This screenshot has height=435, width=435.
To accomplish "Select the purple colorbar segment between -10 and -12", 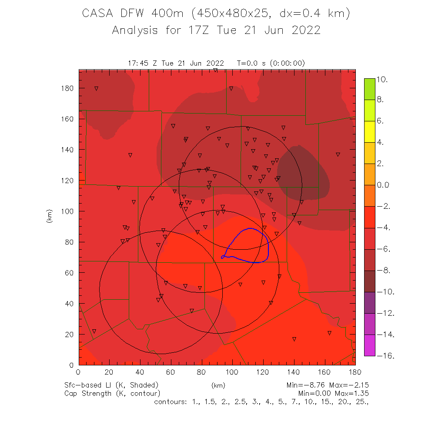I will [370, 303].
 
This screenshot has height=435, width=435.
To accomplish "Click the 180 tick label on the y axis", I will [67, 88].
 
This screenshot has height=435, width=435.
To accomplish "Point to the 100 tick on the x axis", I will [232, 372].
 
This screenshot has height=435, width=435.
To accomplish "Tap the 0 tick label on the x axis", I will [78, 372].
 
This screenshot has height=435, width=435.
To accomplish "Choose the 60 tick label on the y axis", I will [69, 273].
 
